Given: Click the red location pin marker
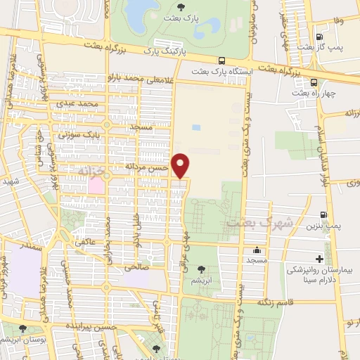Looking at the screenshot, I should pos(181,165).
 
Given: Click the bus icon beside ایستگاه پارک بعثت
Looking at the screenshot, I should pos(222,60).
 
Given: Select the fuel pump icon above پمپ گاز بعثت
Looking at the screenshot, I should pos(320,37).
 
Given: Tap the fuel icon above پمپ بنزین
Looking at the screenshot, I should pos(324,215).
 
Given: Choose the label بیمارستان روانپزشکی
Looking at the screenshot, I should pos(317,269).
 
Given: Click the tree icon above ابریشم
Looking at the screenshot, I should pos(202,268).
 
